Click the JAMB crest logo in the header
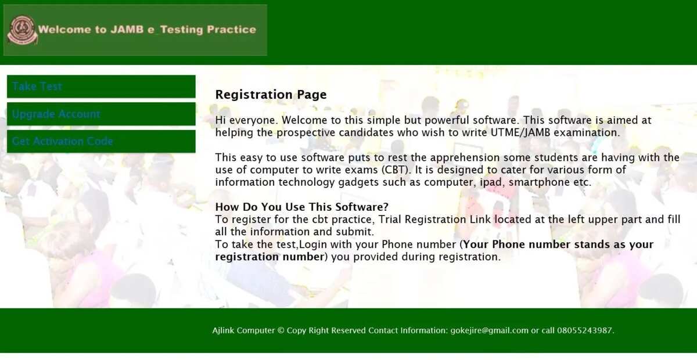[23, 30]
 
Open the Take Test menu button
[101, 87]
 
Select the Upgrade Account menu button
[101, 114]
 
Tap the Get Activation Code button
[101, 141]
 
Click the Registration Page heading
[271, 95]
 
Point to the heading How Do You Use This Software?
[302, 207]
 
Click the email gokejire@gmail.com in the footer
[489, 330]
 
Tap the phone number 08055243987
[584, 330]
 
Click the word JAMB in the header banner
[127, 30]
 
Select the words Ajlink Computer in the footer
[243, 330]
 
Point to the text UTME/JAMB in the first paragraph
[520, 132]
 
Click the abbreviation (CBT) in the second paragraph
[395, 170]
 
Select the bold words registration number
[270, 257]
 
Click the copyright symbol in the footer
[281, 330]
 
